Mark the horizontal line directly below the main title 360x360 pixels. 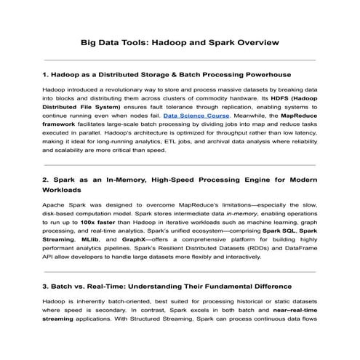(180, 60)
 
